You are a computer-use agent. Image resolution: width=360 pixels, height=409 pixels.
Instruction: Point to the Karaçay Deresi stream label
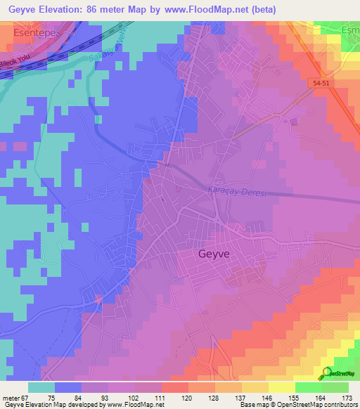coord(238,193)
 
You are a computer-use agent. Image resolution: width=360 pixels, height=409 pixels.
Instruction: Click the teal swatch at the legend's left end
coord(41,387)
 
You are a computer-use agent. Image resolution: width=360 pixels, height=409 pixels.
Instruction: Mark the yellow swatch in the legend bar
coord(255,387)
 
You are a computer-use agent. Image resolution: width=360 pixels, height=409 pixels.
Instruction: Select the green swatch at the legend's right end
coord(335,387)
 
